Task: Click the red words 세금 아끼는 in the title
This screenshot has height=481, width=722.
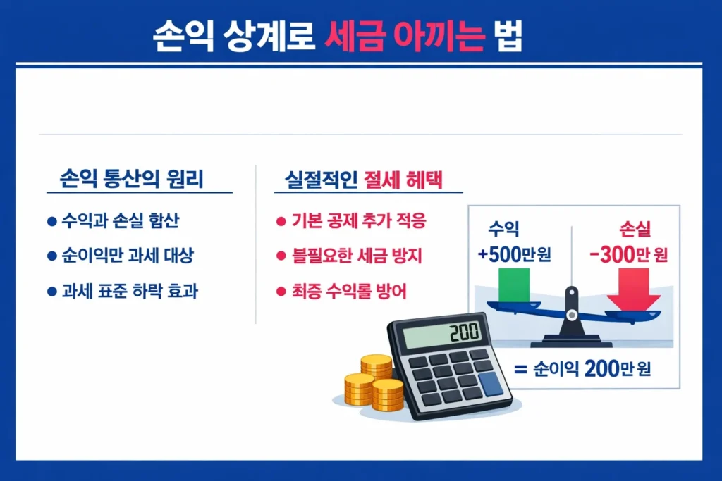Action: click(x=401, y=37)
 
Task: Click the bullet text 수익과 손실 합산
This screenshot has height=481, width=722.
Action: click(x=121, y=222)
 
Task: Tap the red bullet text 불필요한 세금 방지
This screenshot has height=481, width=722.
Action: click(x=357, y=256)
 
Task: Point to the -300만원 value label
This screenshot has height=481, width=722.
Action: click(x=624, y=255)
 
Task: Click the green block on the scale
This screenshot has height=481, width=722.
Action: click(x=515, y=285)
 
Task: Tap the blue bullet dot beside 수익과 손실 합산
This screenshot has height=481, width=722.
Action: click(x=51, y=222)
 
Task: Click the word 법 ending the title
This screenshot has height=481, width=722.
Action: click(x=505, y=37)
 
